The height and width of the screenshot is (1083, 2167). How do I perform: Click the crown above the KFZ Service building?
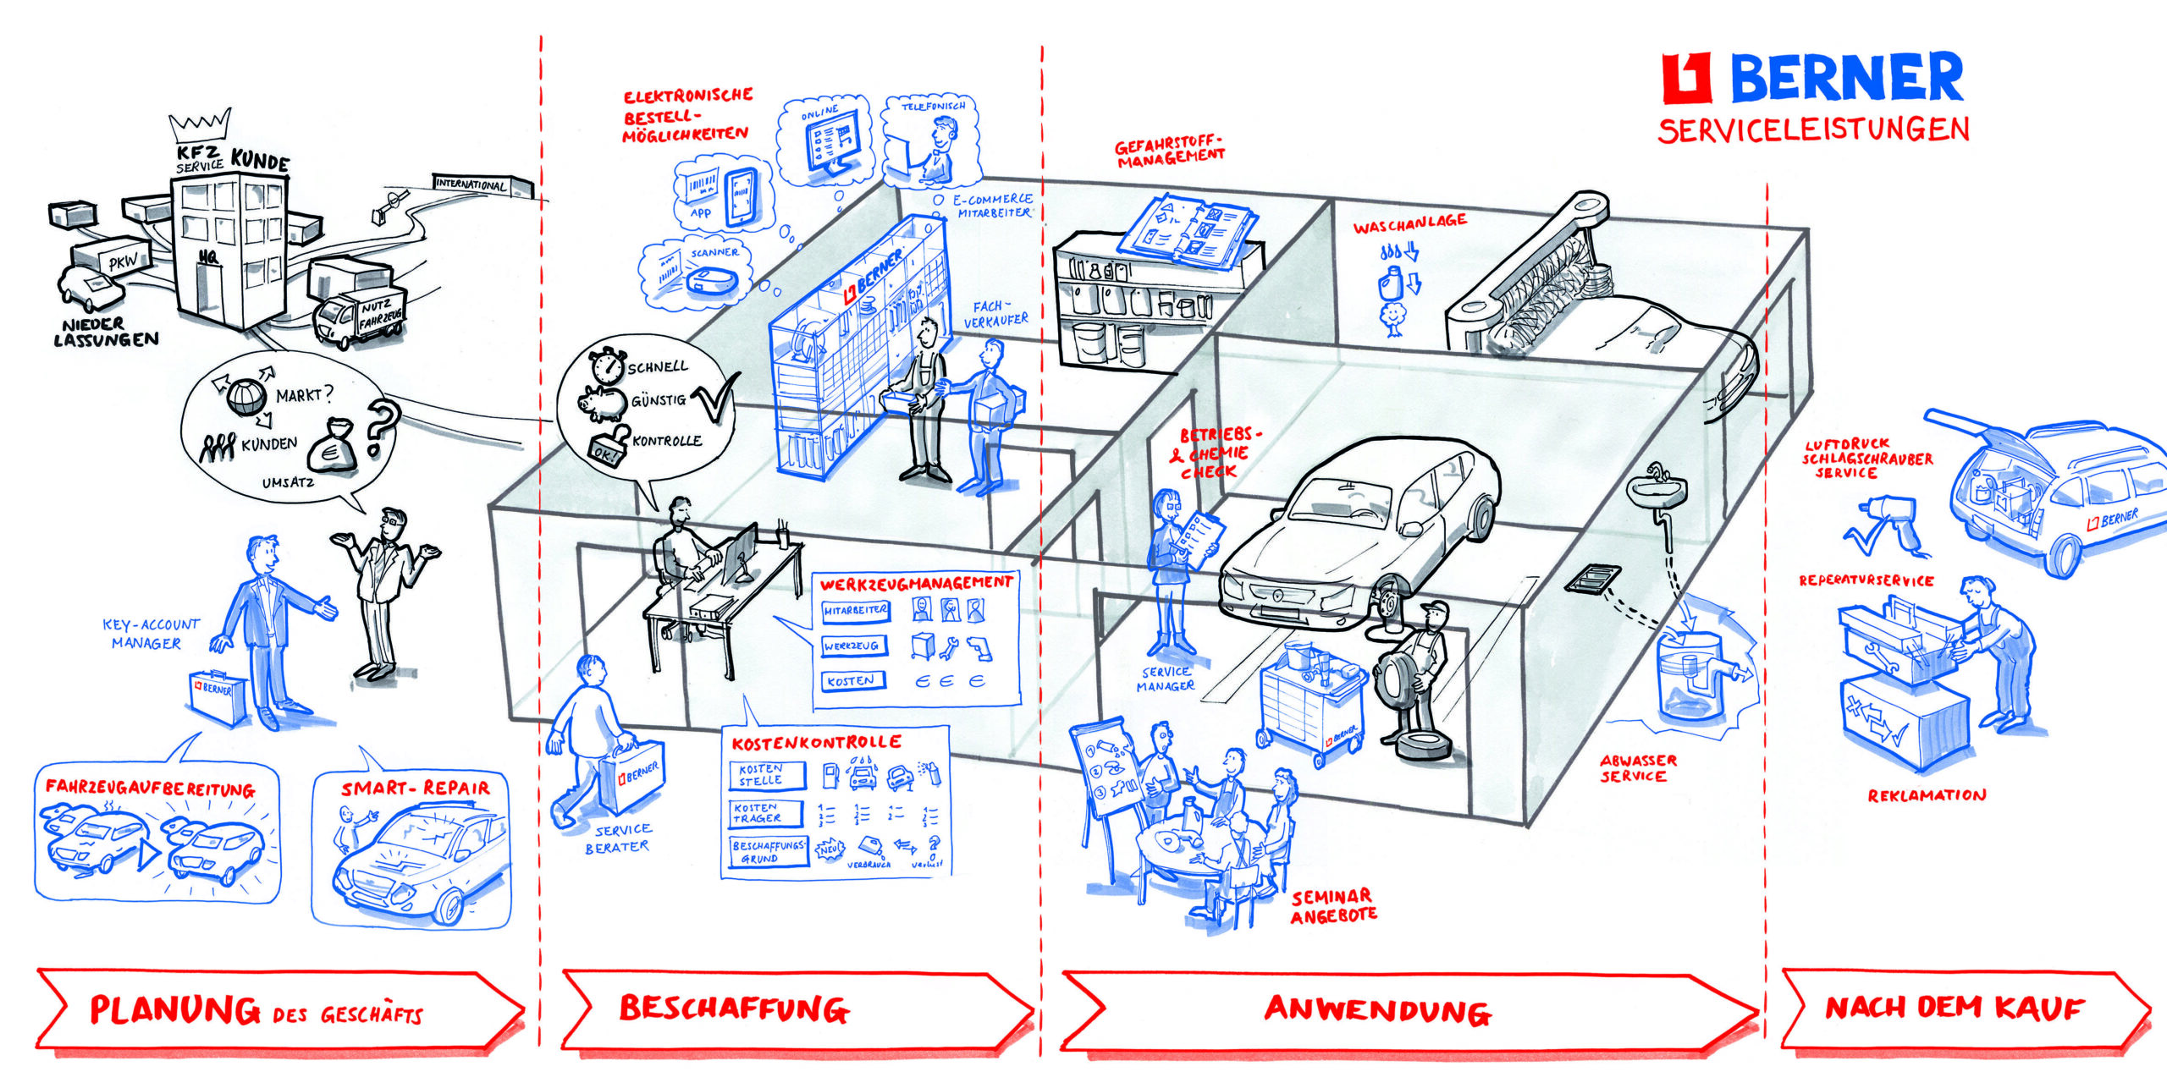tap(200, 126)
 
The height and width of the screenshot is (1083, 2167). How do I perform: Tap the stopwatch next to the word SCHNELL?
tap(606, 364)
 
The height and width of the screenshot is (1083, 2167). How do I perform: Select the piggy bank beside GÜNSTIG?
tap(603, 404)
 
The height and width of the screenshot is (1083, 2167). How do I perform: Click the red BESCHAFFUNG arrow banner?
tap(796, 1009)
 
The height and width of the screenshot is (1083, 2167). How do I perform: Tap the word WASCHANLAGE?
tap(1409, 224)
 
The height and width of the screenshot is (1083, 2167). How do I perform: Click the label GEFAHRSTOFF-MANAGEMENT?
tap(1170, 151)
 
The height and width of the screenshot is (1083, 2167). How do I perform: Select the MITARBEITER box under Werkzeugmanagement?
tap(855, 610)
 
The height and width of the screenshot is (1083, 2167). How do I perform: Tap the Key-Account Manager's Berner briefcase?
tap(218, 697)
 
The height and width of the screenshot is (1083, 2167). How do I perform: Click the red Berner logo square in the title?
tap(1686, 78)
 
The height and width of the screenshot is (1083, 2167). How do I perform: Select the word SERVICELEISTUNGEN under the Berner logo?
tap(1813, 130)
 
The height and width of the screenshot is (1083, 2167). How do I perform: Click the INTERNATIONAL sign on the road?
tap(471, 184)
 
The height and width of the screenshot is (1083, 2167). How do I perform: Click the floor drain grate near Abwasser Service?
tap(1591, 580)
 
